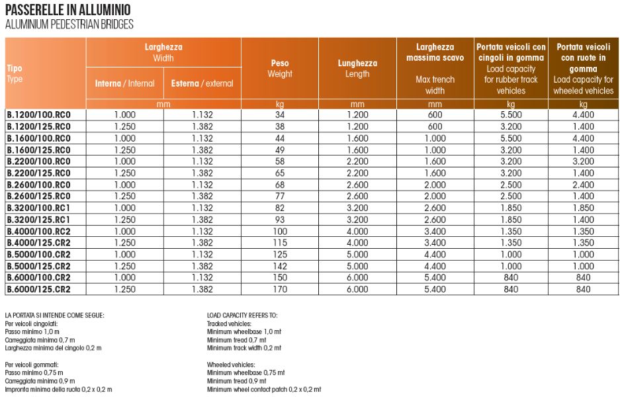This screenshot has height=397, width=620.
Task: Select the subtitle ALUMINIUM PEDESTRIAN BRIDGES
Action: coord(69,24)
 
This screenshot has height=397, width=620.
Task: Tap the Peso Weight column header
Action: coord(280,68)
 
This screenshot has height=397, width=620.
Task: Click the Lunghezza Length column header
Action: coord(357,68)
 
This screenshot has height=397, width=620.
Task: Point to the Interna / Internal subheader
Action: coord(124,83)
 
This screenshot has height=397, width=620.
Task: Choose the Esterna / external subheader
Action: coord(202,83)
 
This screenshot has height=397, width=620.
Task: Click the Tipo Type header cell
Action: coord(15,73)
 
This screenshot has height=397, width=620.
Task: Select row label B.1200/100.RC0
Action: coord(38,114)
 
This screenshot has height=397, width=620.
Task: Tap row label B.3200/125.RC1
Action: coord(38,219)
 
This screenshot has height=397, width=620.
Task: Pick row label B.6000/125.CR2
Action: coord(38,289)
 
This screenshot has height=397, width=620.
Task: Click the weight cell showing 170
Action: coord(280,289)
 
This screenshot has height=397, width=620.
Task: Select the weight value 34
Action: coord(280,114)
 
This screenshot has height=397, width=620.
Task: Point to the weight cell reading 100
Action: coord(280,231)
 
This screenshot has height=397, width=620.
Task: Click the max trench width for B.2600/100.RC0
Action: coord(435,185)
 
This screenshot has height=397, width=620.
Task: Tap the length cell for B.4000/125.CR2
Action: coord(357,243)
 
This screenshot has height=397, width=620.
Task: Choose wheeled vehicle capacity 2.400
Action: coord(583,185)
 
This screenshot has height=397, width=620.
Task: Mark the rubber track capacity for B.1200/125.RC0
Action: coord(511,126)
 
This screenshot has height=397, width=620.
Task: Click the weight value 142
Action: coord(280,266)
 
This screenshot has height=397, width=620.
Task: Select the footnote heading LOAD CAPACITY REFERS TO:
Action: coord(242,316)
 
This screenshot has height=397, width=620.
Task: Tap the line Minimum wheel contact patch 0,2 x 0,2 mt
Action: coord(263,390)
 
